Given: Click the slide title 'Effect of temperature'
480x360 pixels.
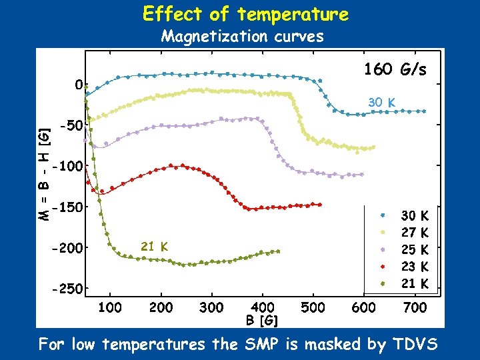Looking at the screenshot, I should coord(245,14).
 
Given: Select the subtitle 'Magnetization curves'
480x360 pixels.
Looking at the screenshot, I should coord(243,36).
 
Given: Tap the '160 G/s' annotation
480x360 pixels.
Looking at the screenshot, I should coord(395,69).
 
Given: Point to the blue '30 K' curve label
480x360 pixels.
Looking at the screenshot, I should coord(382,103).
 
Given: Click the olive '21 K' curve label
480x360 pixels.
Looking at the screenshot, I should coord(154,247).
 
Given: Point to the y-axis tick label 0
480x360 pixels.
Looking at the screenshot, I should coord(79,85).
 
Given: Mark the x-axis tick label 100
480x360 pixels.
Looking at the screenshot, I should coord(110,307).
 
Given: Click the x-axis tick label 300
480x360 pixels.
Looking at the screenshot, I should coord(212,307).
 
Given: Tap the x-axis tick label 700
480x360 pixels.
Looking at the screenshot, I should coord(415,307).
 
